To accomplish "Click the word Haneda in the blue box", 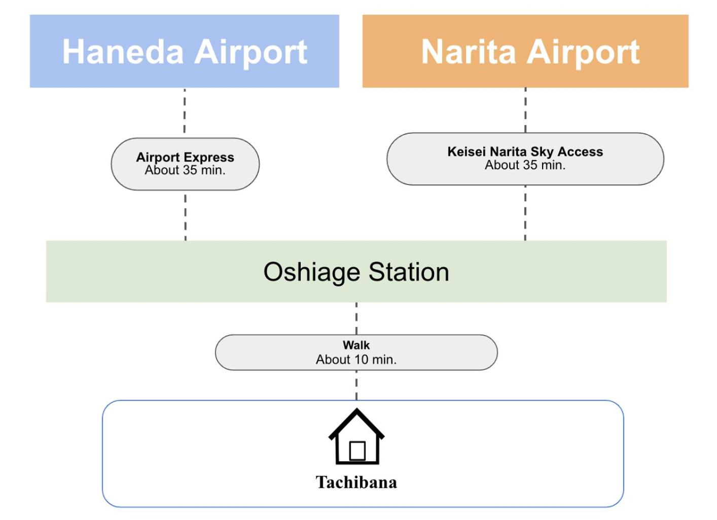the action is (x=123, y=52).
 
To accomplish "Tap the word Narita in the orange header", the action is (x=469, y=52).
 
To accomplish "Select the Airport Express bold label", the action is (x=185, y=158).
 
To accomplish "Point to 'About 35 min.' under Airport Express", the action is (x=185, y=170).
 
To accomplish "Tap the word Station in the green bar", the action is (x=409, y=272).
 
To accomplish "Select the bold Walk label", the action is (x=356, y=345).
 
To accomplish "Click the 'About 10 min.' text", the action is (x=356, y=360).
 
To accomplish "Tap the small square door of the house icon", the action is (x=357, y=451).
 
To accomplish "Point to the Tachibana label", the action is (x=356, y=482).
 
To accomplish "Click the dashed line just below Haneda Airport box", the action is (x=185, y=110).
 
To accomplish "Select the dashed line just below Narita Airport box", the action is (x=525, y=110).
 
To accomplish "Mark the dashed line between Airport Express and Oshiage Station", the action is (x=185, y=217).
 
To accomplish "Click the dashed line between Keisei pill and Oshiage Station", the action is (x=525, y=213).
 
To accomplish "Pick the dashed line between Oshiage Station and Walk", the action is (x=356, y=318).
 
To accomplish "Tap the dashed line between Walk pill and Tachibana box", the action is (x=356, y=385).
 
